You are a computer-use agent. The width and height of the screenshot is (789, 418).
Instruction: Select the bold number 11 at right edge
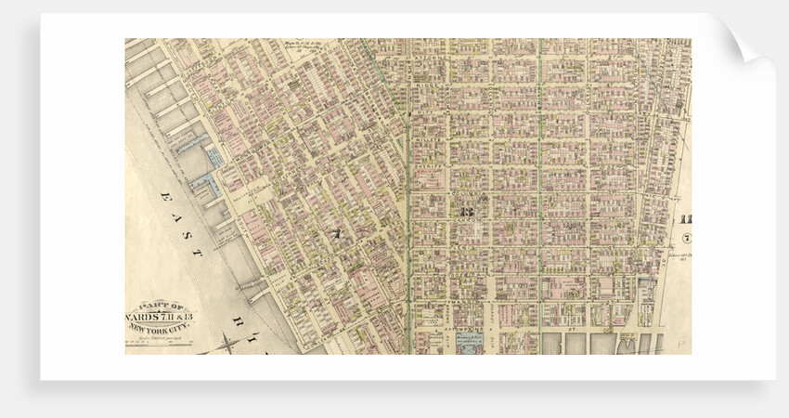(x=687, y=220)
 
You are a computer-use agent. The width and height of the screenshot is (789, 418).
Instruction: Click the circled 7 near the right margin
(x=687, y=239)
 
